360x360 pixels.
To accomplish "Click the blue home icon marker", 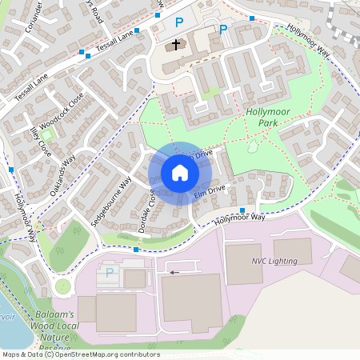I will pyautogui.click(x=179, y=173).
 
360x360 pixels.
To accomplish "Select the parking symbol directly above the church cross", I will pyautogui.click(x=179, y=23).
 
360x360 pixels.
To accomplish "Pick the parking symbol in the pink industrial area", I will pyautogui.click(x=110, y=273).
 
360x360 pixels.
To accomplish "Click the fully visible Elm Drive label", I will pyautogui.click(x=210, y=191).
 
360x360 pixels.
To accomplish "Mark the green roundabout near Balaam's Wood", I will pyautogui.click(x=63, y=286).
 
